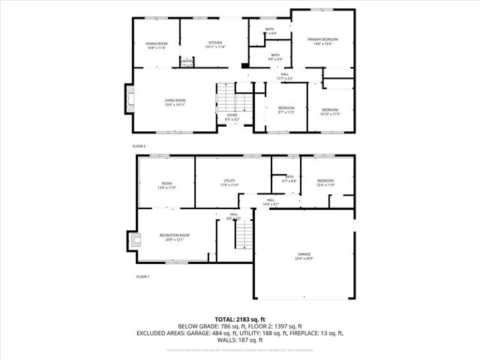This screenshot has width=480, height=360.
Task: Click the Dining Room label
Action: coord(157,45)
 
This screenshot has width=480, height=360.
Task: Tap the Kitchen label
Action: coord(215,45)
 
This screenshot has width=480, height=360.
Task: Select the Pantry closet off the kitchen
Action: coord(187,63)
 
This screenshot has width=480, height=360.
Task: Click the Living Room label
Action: coord(175,102)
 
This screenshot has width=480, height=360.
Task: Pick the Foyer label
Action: coord(232,117)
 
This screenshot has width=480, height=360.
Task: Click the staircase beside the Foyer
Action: coord(226,96)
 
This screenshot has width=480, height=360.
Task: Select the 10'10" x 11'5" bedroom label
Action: coord(330,112)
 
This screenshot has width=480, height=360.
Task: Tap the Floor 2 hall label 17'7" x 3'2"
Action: coord(285,76)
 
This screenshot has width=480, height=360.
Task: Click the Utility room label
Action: coord(229,183)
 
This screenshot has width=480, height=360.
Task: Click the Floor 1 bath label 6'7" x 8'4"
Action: coord(289,178)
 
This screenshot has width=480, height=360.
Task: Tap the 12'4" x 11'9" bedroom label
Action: coord(325,182)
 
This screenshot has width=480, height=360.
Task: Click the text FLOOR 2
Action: coord(139,145)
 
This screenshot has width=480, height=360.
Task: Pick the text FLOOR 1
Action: coord(142,277)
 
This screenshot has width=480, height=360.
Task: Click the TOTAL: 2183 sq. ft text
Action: coord(240,319)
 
